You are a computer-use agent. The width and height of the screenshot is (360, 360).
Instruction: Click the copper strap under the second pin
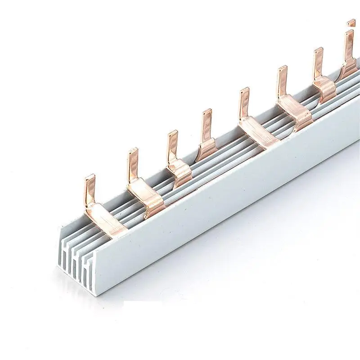point(148,198)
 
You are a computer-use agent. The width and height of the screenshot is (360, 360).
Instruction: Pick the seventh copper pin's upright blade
point(318,61)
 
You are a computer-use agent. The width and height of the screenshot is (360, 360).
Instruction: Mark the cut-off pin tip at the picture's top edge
point(351,22)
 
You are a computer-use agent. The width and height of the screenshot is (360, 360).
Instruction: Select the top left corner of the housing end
point(60,229)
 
